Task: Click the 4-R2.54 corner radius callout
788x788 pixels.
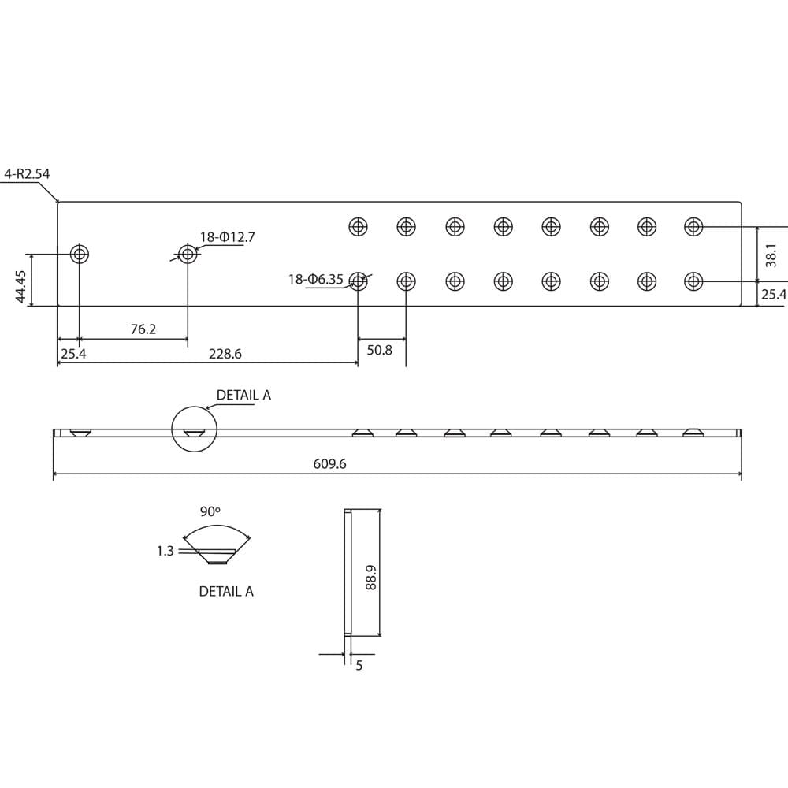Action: click(27, 173)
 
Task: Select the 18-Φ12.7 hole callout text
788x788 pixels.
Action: click(227, 236)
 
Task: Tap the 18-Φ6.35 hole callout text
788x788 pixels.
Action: click(316, 279)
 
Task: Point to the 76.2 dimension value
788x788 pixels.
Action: click(143, 329)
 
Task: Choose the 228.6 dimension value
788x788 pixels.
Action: click(225, 355)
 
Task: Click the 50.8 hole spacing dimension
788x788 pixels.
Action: click(379, 350)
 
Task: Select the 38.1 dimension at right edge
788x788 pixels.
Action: click(771, 255)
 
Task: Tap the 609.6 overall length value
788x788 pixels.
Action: click(329, 464)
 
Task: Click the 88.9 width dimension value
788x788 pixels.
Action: click(371, 582)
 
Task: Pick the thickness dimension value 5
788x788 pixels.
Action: click(359, 666)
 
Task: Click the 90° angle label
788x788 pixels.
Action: click(210, 512)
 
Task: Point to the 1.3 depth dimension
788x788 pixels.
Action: click(165, 552)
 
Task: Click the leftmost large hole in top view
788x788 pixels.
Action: click(80, 255)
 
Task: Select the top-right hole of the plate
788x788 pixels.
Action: click(693, 227)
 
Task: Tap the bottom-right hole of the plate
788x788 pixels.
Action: click(693, 281)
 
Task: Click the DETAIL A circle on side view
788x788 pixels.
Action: click(194, 429)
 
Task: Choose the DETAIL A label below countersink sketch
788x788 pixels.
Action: click(226, 591)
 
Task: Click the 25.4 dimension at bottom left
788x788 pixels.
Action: click(72, 355)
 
